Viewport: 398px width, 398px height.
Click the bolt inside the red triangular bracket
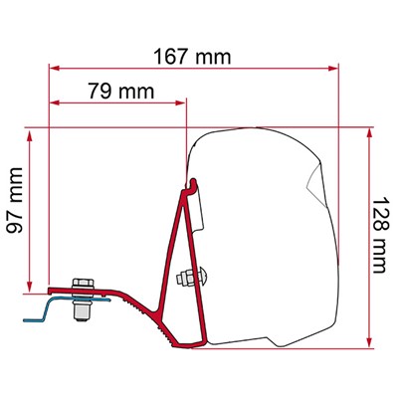188,277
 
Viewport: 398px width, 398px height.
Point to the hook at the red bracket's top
191,183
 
